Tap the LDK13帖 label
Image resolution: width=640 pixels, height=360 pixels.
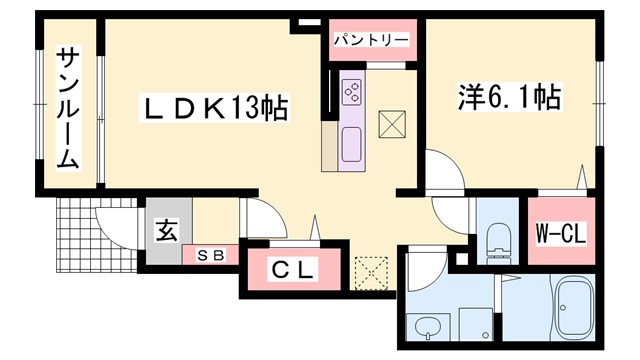click(x=212, y=107)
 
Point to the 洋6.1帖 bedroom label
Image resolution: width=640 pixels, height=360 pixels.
click(x=509, y=97)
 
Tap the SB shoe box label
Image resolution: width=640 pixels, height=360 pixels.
click(x=210, y=255)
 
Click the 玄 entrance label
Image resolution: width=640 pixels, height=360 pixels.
click(x=166, y=229)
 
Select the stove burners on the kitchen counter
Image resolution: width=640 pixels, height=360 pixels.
click(x=353, y=92)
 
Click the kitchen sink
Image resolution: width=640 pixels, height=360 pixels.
click(x=353, y=146)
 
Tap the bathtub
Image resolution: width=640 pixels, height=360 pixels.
click(x=576, y=308)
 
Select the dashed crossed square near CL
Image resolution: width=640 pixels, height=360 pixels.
click(x=369, y=271)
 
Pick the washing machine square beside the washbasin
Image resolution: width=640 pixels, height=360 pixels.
click(x=474, y=323)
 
